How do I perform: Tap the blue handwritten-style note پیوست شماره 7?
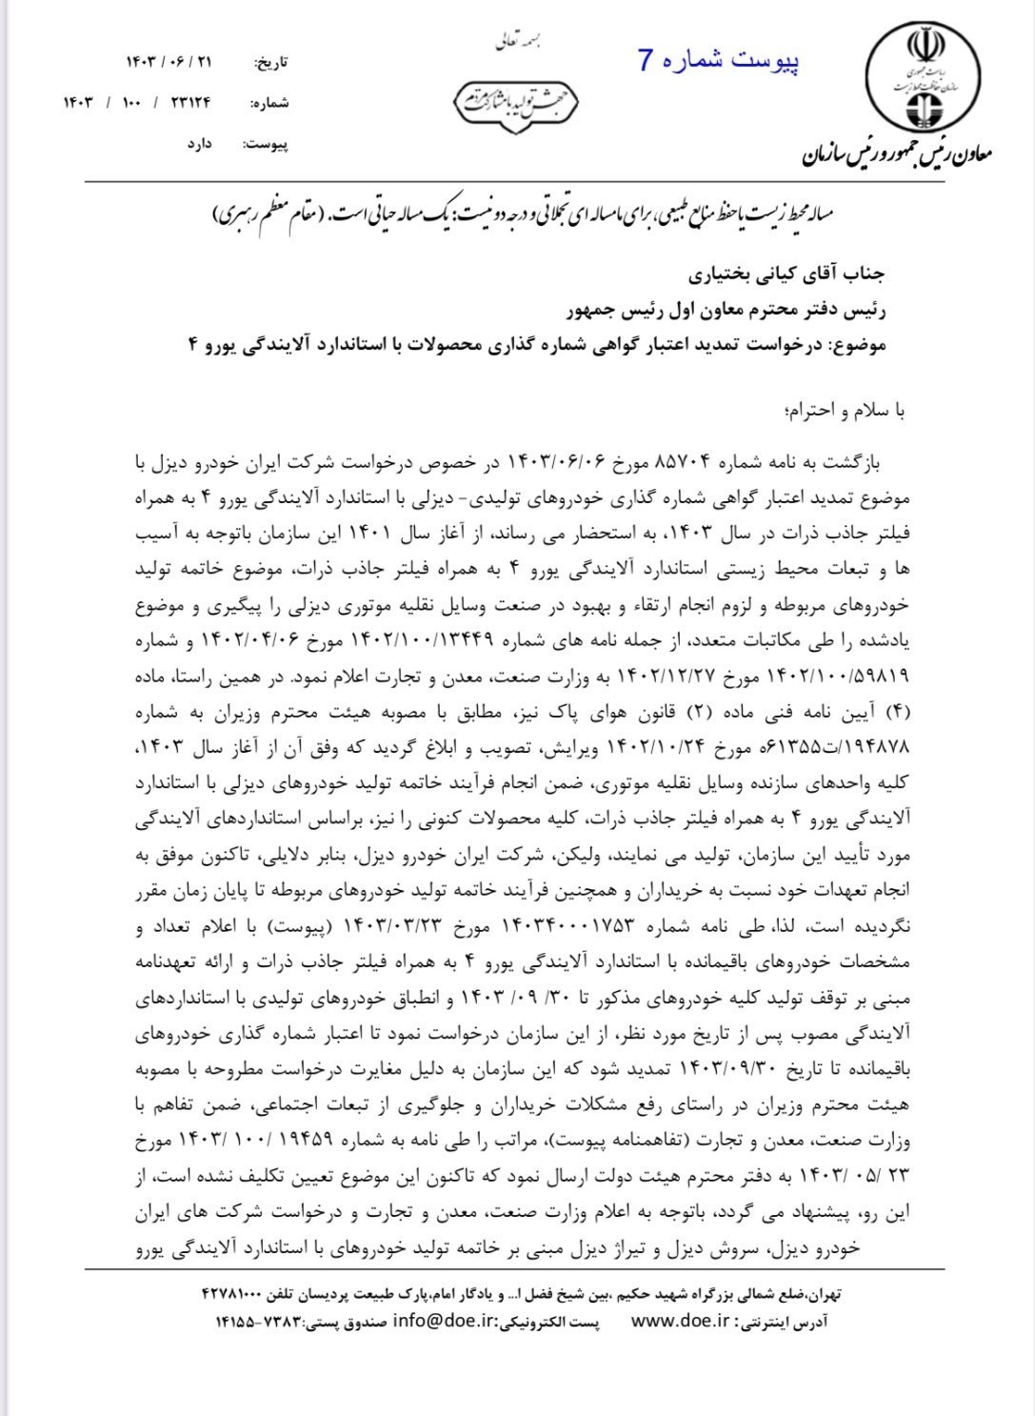[x=719, y=61]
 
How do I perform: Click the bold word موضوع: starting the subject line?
[x=859, y=344]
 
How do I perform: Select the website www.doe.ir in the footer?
[x=679, y=1321]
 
